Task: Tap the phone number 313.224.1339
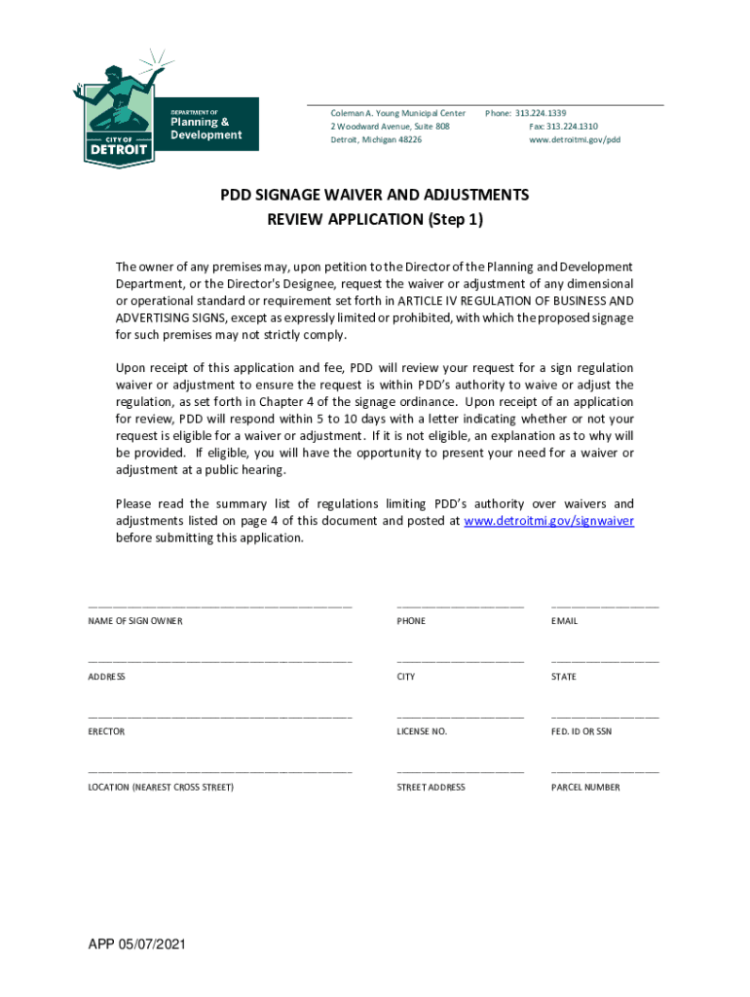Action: (541, 113)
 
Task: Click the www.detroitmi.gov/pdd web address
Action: (575, 140)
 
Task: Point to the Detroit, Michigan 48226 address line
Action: (376, 140)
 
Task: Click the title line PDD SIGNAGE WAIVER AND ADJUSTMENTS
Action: (375, 195)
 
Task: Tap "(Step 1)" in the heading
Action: (455, 220)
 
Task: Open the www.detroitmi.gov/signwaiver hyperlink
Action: (549, 521)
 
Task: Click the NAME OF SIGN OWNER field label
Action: (135, 621)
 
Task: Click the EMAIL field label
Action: (564, 621)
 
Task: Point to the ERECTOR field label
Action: (106, 731)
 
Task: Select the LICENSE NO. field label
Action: (422, 731)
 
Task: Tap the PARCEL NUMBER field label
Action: (585, 788)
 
